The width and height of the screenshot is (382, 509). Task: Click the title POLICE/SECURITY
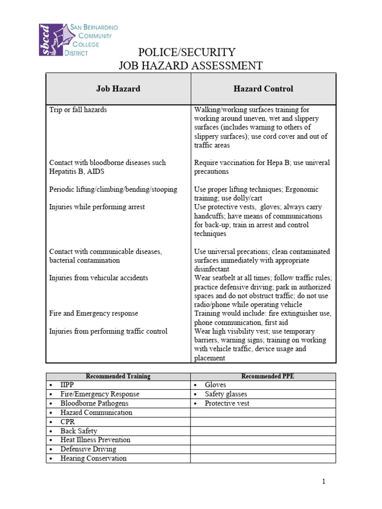coord(187,52)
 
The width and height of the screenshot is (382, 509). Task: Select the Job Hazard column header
coord(118,89)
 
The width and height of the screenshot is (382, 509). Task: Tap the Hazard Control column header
coord(263,89)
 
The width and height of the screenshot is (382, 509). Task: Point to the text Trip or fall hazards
coord(78,109)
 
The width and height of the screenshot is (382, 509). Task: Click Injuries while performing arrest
coord(97,207)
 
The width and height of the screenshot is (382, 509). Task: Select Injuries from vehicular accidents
coord(98,278)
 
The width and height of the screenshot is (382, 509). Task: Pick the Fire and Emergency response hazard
coord(94,314)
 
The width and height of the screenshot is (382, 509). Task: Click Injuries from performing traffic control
coord(108,332)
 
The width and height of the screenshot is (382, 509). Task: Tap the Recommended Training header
coord(118,376)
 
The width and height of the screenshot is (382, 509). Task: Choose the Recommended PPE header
coord(268,376)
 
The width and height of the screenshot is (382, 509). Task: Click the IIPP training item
coord(67,385)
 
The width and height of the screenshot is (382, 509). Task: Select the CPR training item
coord(68,422)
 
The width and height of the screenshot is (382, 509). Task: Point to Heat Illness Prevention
coord(95,440)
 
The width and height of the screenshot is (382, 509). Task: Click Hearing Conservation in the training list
coord(93,458)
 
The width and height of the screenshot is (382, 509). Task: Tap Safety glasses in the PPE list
coord(225,394)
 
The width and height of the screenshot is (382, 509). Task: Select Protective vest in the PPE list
coord(227,403)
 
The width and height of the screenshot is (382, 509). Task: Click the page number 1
coord(323,482)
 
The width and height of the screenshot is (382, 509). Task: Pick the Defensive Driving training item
coord(88,449)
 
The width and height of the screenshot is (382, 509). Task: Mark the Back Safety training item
coord(79,431)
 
